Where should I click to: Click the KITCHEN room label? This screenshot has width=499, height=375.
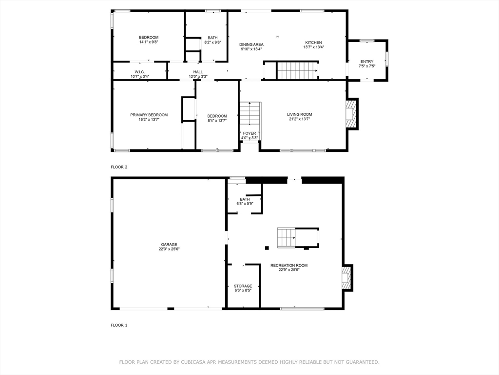(313, 42)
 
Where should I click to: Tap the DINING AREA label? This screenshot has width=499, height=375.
(251, 44)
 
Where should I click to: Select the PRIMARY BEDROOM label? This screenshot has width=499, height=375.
(149, 115)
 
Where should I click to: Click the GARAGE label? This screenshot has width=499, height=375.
(169, 245)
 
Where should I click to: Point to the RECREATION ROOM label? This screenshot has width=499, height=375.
(289, 265)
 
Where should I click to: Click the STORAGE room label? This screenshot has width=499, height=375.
(243, 286)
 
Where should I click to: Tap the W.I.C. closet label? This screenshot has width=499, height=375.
(140, 72)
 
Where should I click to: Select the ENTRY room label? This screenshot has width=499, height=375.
(367, 62)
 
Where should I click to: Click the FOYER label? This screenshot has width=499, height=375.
(249, 133)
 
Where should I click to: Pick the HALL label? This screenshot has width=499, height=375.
(198, 72)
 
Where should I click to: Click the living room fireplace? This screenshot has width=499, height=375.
(351, 114)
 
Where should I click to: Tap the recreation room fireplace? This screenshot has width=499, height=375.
(347, 278)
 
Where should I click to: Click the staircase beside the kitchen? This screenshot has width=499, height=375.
(298, 70)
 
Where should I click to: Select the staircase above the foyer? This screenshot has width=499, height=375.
(250, 114)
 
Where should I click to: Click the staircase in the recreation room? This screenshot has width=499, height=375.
(286, 238)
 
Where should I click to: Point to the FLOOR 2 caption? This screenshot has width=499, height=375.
(119, 167)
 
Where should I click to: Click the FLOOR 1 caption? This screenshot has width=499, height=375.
(119, 325)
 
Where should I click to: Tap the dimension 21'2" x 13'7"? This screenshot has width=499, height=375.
(300, 119)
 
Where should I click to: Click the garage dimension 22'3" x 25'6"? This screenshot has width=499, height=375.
(169, 249)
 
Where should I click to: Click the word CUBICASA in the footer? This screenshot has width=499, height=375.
(193, 362)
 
